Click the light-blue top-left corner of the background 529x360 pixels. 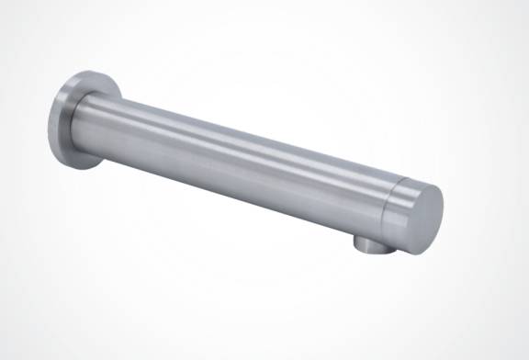click(x=9, y=9)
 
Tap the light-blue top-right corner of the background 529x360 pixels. click(x=519, y=9)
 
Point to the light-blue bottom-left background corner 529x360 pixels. click(x=9, y=350)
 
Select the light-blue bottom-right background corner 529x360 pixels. click(x=519, y=350)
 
